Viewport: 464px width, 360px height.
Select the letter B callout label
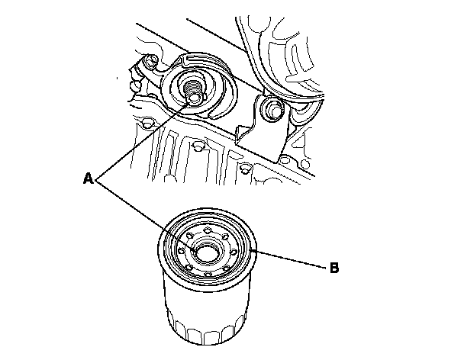(333, 268)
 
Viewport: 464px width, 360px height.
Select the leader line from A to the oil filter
(137, 206)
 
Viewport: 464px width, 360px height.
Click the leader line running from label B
(290, 261)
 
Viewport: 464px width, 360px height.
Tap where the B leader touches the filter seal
(252, 250)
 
